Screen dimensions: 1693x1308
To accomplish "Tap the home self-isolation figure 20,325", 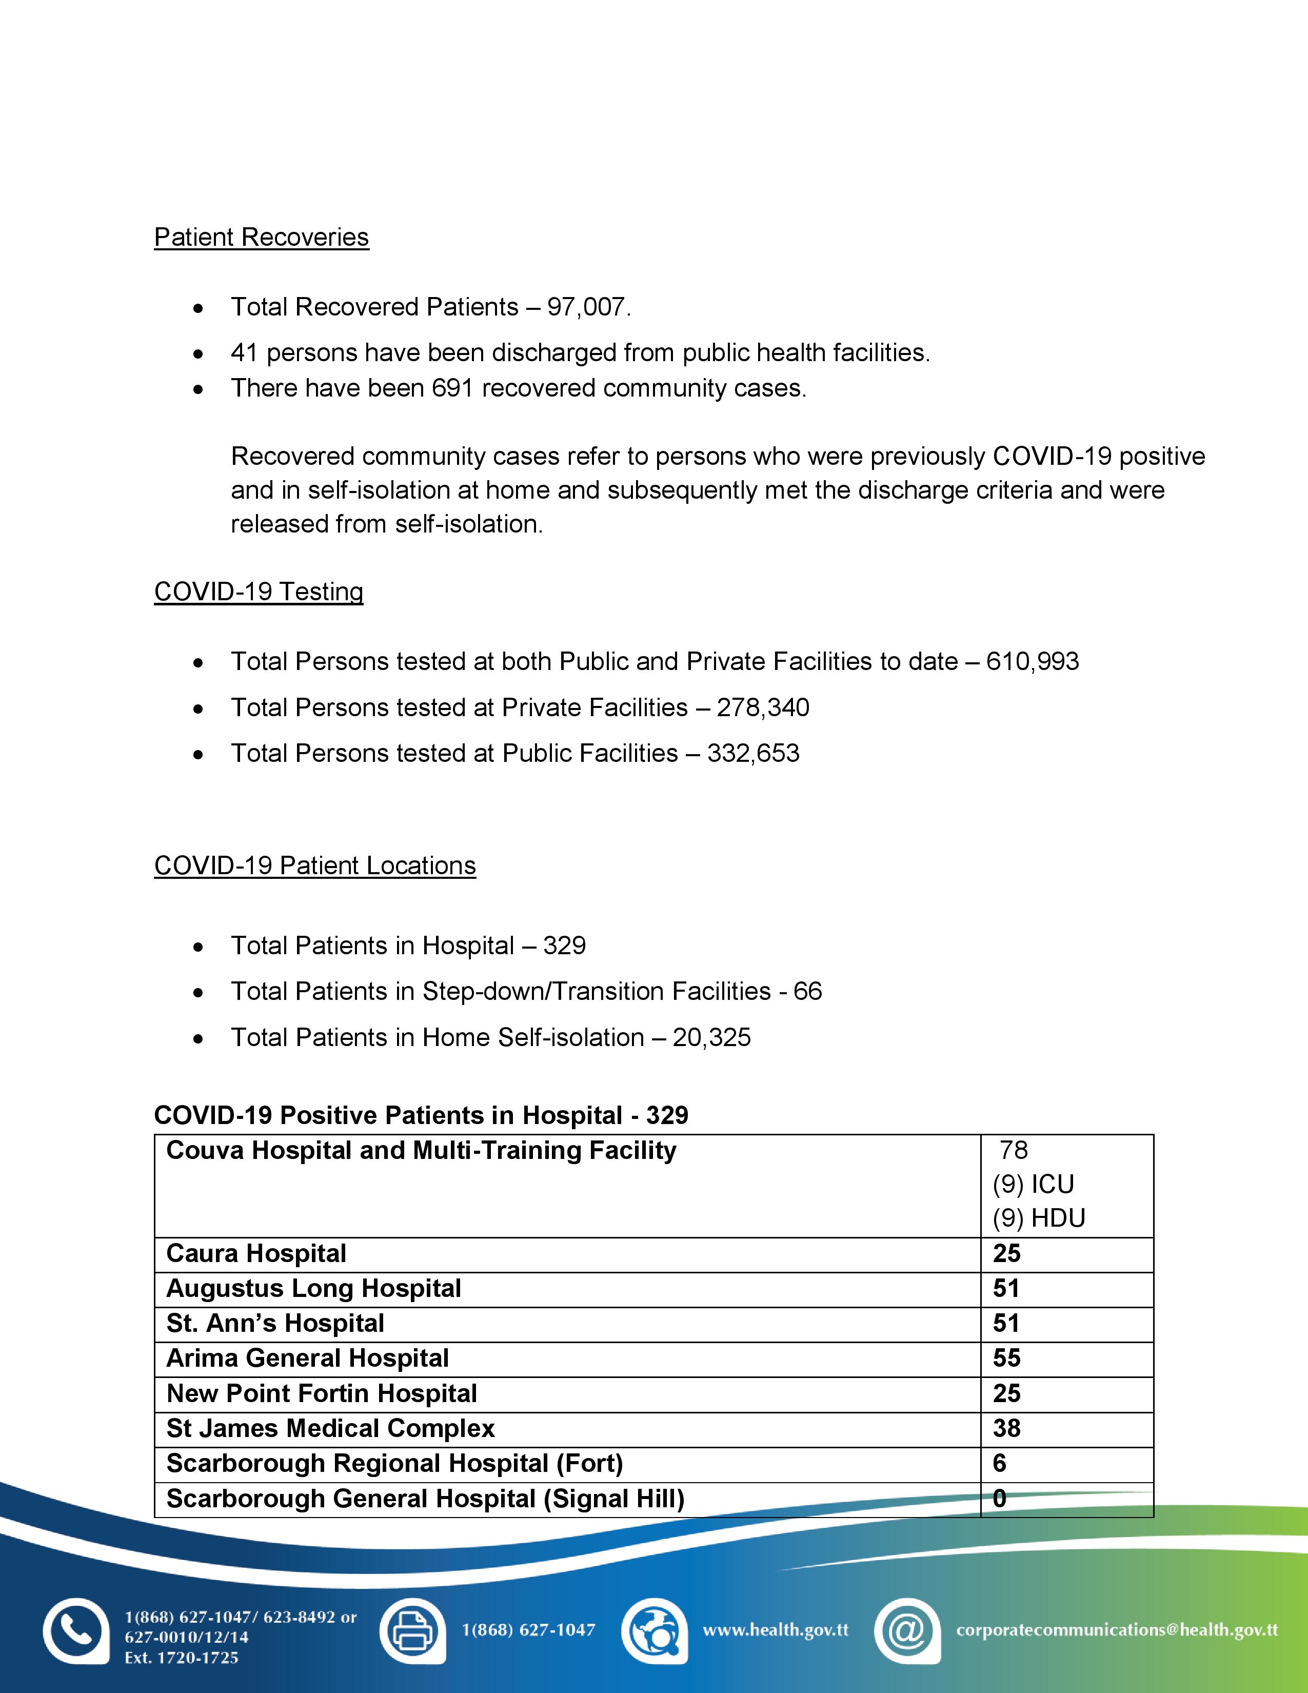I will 711,1037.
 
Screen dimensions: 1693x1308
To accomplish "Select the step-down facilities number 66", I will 807,992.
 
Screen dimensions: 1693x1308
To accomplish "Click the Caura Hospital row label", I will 256,1253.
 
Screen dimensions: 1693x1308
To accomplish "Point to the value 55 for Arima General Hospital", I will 1006,1357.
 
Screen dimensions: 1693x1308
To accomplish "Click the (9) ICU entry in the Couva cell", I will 1033,1185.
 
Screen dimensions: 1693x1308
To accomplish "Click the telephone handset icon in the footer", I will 75,1631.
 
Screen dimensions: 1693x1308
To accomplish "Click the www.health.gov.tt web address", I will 775,1630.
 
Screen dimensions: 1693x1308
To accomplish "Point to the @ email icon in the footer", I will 906,1631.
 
